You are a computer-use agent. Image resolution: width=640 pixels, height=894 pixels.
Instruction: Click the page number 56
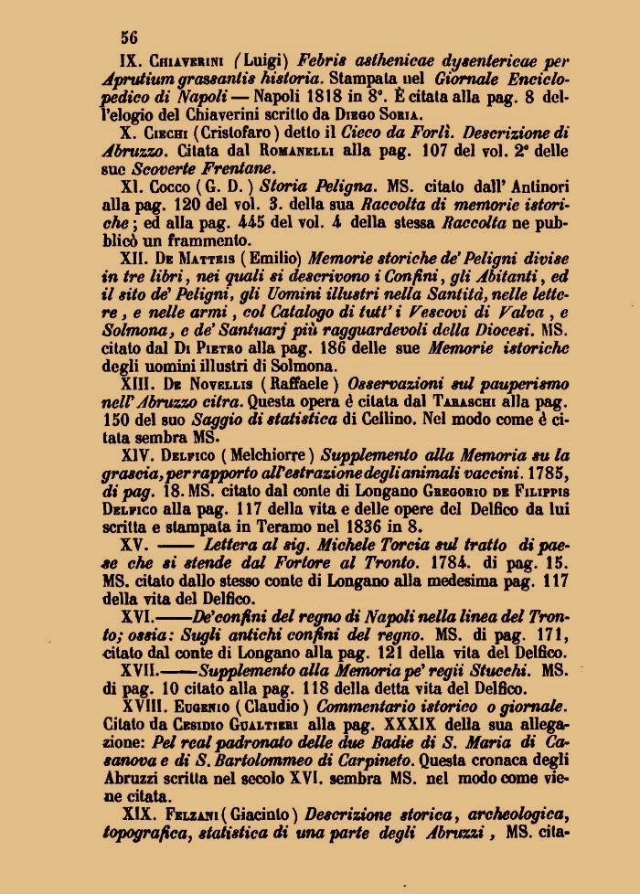[128, 37]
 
